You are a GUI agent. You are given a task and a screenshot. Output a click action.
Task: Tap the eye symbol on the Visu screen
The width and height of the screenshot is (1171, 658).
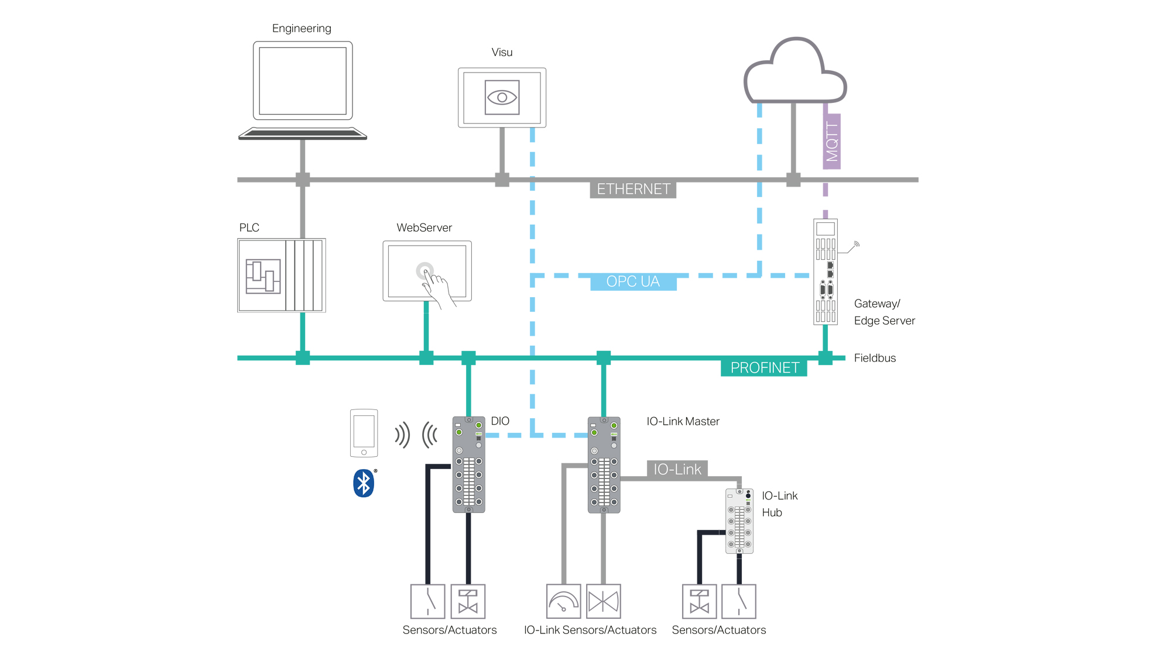click(502, 98)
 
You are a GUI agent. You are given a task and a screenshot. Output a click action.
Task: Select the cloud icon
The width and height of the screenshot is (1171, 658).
click(795, 70)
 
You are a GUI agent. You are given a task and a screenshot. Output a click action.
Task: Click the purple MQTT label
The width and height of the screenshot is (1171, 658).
click(831, 142)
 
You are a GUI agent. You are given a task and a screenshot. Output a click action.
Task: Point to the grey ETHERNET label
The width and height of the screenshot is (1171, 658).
click(633, 190)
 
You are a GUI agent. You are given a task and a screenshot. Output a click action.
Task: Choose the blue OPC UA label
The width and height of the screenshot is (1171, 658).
click(633, 281)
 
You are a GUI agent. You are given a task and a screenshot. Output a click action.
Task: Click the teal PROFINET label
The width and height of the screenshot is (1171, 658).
click(764, 367)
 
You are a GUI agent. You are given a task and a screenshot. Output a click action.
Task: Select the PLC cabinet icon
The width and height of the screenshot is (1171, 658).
click(282, 275)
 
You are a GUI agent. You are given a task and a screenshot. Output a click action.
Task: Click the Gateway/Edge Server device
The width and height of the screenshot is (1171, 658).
click(826, 272)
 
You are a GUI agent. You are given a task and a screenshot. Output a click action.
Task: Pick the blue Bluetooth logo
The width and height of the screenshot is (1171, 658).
click(364, 483)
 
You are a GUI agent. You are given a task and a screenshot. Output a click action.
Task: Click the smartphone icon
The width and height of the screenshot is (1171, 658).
click(364, 433)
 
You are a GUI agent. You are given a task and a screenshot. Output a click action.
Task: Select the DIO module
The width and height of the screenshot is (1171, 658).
click(468, 465)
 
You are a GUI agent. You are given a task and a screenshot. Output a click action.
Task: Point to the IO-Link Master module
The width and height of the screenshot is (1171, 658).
click(604, 465)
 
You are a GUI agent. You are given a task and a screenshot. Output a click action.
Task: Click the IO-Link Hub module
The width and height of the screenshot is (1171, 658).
click(739, 521)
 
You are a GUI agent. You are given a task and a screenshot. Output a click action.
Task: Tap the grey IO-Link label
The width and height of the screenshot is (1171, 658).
click(677, 469)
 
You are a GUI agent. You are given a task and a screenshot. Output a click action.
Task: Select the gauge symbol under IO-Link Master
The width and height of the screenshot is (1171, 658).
click(563, 601)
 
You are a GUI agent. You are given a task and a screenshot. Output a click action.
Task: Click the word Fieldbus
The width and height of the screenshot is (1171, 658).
click(875, 358)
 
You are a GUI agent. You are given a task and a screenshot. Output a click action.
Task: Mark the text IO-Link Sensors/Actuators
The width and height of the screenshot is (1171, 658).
click(590, 630)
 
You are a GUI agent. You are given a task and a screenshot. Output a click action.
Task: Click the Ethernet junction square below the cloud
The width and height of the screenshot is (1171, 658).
click(793, 180)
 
